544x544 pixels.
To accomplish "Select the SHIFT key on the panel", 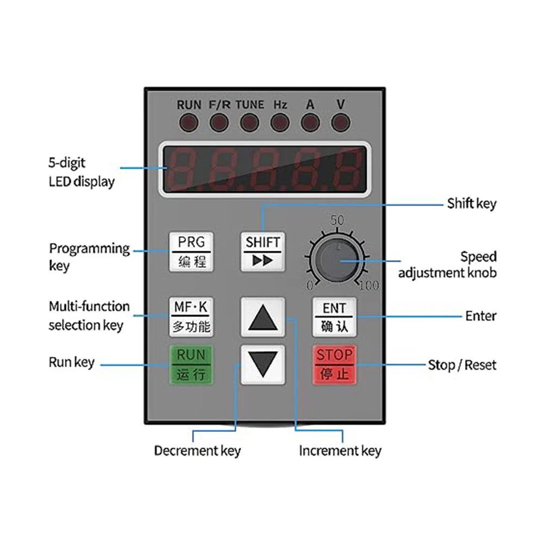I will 263,251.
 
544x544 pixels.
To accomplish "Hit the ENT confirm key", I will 334,317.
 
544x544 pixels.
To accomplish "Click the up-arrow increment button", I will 263,318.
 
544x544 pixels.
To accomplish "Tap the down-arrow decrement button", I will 263,364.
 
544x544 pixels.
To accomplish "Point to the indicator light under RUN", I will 189,121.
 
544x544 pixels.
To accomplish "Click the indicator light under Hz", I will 280,121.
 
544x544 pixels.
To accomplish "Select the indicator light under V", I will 341,121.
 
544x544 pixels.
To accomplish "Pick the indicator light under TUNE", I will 250,121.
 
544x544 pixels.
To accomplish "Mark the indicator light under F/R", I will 219,121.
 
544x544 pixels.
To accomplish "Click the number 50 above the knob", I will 337,220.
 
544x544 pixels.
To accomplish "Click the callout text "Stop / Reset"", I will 462,364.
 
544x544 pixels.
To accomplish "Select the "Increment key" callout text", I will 340,450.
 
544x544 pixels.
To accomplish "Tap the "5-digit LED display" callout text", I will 82,171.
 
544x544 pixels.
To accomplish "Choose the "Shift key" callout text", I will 472,203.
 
